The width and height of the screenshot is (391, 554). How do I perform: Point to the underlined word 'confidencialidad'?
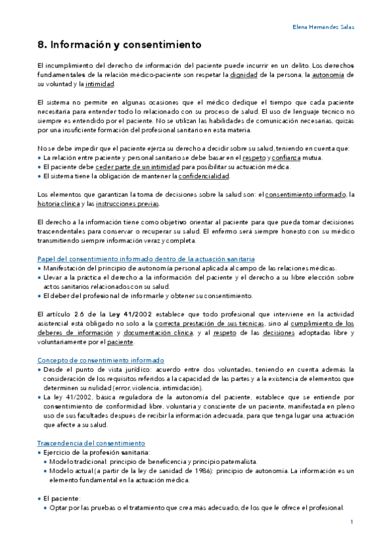pyautogui.click(x=203, y=176)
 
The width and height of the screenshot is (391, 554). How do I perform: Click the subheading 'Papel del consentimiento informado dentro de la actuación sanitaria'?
pyautogui.click(x=146, y=259)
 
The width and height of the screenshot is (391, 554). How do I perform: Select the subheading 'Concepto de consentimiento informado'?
pyautogui.click(x=101, y=360)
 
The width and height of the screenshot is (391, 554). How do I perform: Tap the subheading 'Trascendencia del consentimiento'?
pyautogui.click(x=91, y=443)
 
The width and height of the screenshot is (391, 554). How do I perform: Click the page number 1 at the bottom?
pyautogui.click(x=352, y=523)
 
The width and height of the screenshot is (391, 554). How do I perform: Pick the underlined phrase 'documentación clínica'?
pyautogui.click(x=167, y=333)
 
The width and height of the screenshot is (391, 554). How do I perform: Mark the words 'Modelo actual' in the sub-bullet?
pyautogui.click(x=69, y=470)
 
